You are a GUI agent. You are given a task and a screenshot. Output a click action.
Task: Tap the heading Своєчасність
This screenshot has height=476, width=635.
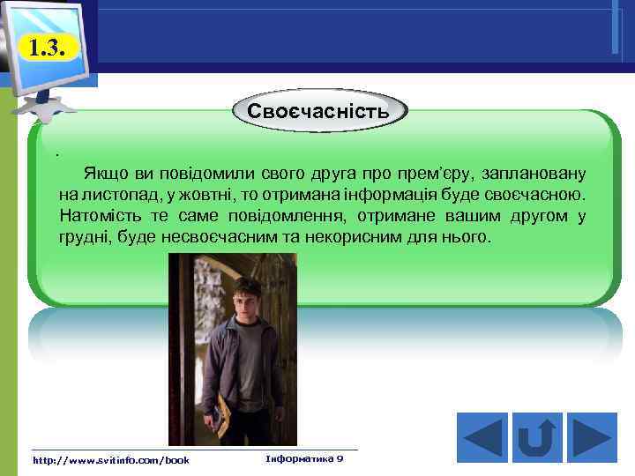tap(318, 113)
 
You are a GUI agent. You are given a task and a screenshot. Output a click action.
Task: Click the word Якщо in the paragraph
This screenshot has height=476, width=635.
tap(102, 171)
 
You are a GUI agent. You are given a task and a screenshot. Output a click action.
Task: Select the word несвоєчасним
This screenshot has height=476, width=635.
tap(233, 238)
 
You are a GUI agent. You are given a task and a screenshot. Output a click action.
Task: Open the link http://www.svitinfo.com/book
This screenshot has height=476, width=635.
tap(110, 460)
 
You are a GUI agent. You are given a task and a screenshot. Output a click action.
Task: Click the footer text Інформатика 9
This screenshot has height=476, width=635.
tap(304, 459)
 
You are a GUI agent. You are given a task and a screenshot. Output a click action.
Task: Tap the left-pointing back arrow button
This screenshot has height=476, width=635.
tap(482, 436)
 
